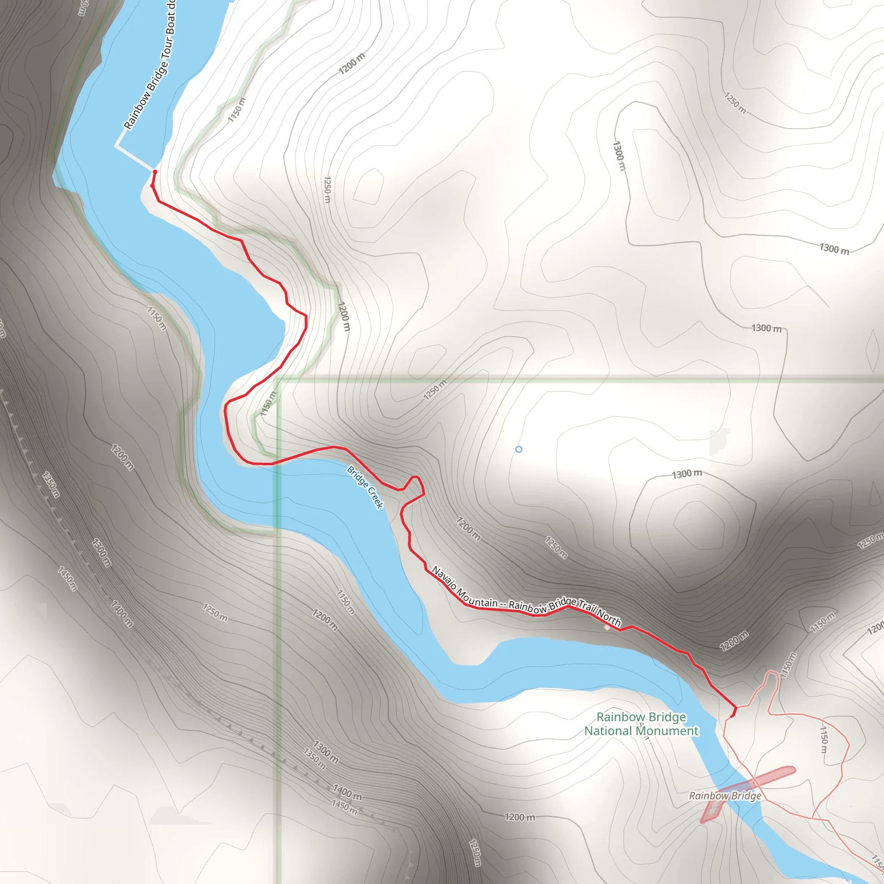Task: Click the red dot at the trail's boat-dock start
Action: pyautogui.click(x=155, y=172)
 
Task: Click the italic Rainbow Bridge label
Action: pyautogui.click(x=725, y=796)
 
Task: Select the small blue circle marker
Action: pyautogui.click(x=518, y=449)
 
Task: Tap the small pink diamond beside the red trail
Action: pyautogui.click(x=607, y=628)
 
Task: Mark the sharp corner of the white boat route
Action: pyautogui.click(x=116, y=146)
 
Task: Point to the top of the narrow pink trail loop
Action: pyautogui.click(x=772, y=672)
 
